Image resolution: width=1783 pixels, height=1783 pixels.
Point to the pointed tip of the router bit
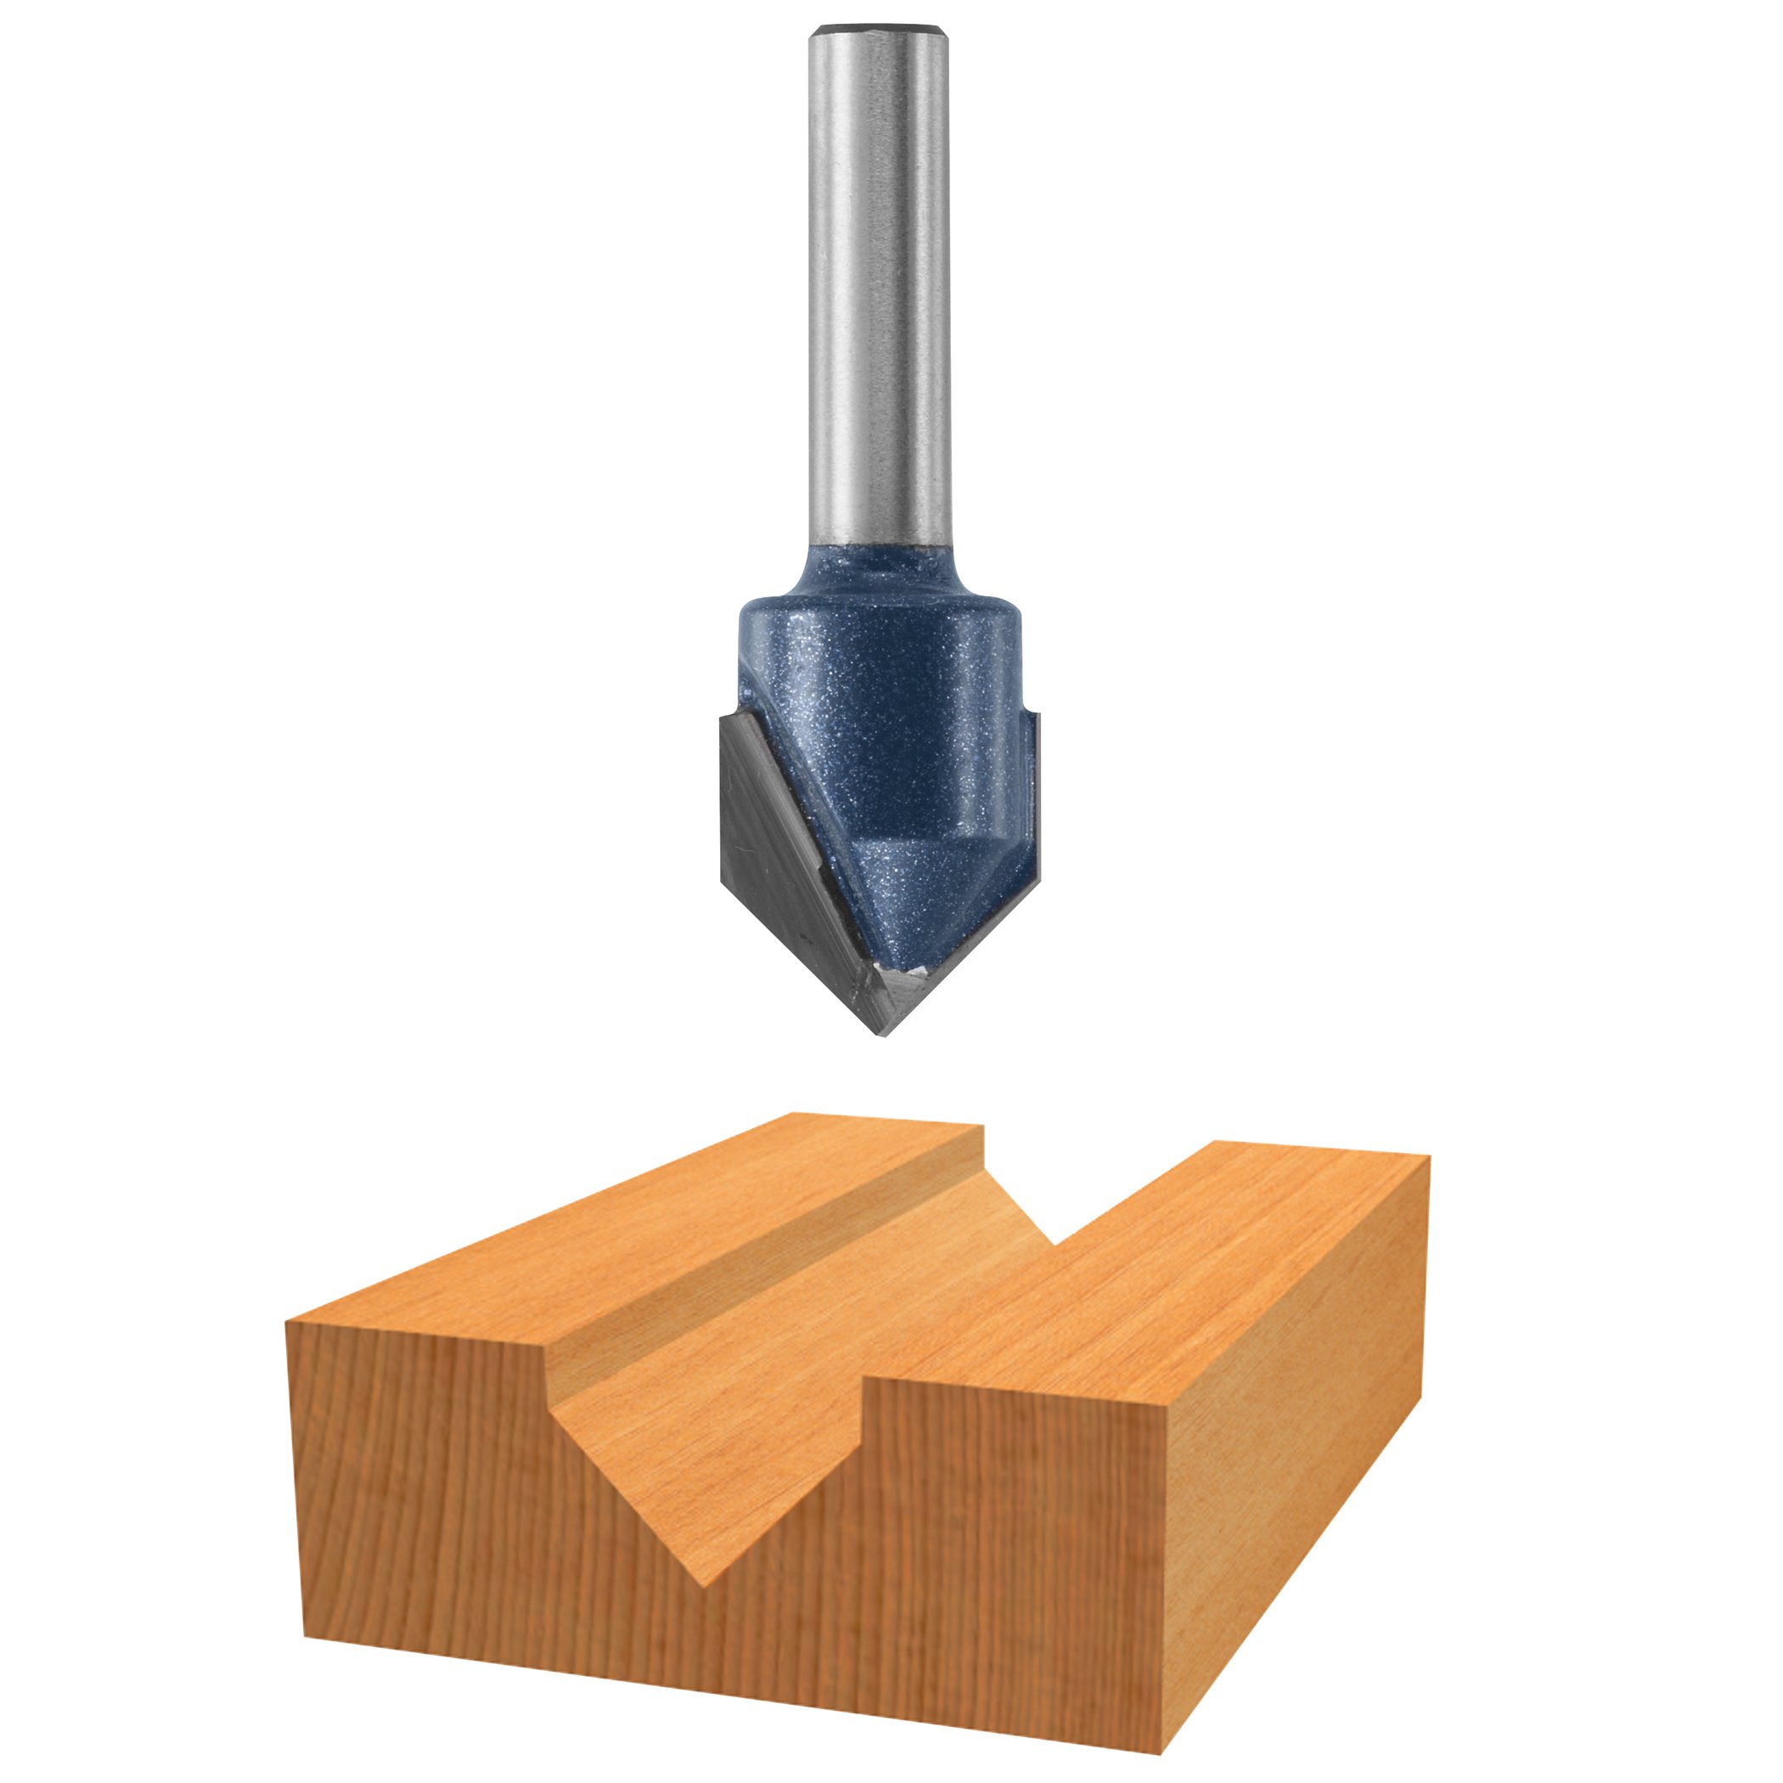[881, 1032]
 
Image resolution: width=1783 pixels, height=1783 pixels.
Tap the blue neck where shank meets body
[880, 572]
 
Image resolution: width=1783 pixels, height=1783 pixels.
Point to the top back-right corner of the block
[1429, 1156]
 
